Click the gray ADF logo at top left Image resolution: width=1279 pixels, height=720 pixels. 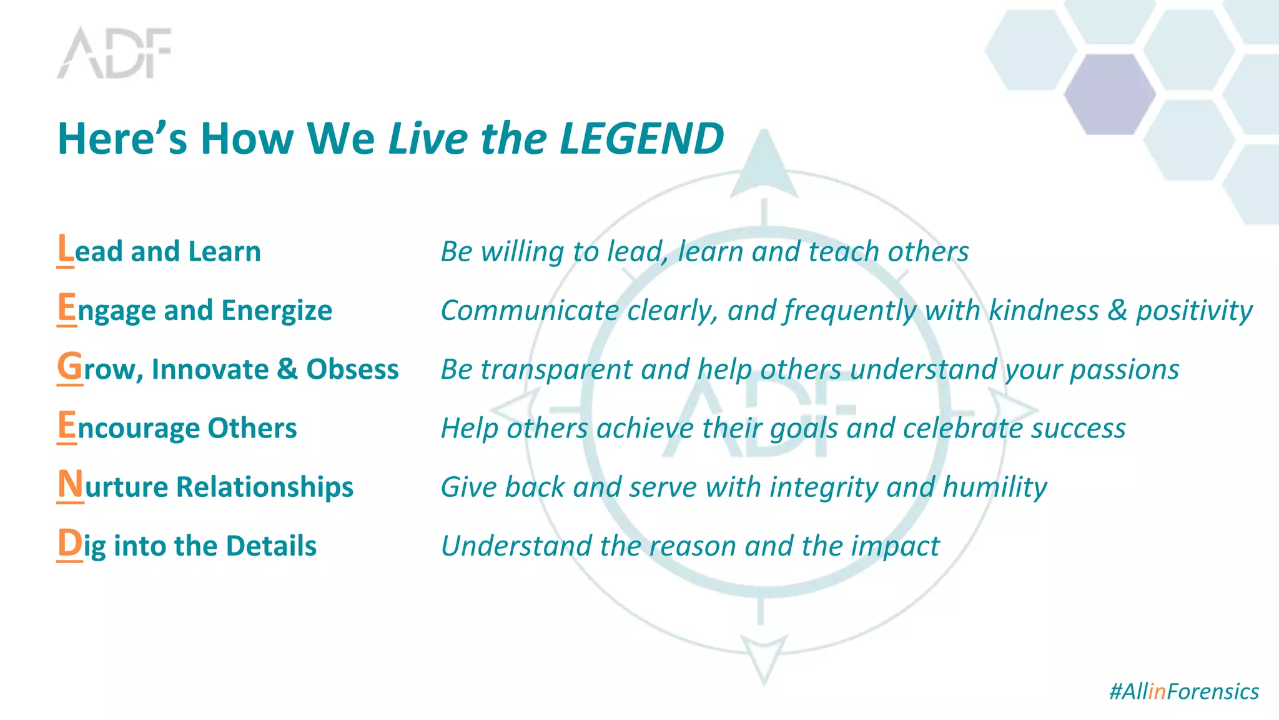pyautogui.click(x=114, y=53)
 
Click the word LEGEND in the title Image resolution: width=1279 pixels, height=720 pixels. pyautogui.click(x=641, y=138)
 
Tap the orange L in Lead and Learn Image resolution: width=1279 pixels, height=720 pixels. pyautogui.click(x=65, y=249)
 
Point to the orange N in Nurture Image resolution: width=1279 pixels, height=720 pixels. pyautogui.click(x=70, y=484)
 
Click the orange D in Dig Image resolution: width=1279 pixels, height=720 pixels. pyautogui.click(x=69, y=543)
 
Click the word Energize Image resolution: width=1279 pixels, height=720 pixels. pyautogui.click(x=276, y=311)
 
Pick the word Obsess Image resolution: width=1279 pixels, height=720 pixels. pyautogui.click(x=352, y=369)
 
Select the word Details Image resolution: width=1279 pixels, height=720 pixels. pyautogui.click(x=271, y=546)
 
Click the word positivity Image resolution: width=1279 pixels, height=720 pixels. pyautogui.click(x=1193, y=311)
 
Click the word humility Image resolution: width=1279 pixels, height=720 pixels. pyautogui.click(x=994, y=487)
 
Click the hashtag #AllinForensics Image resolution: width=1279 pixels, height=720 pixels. pyautogui.click(x=1183, y=691)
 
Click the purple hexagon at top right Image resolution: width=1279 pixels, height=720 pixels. pyautogui.click(x=1110, y=94)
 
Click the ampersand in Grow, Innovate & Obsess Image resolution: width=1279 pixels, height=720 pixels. pyautogui.click(x=287, y=369)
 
